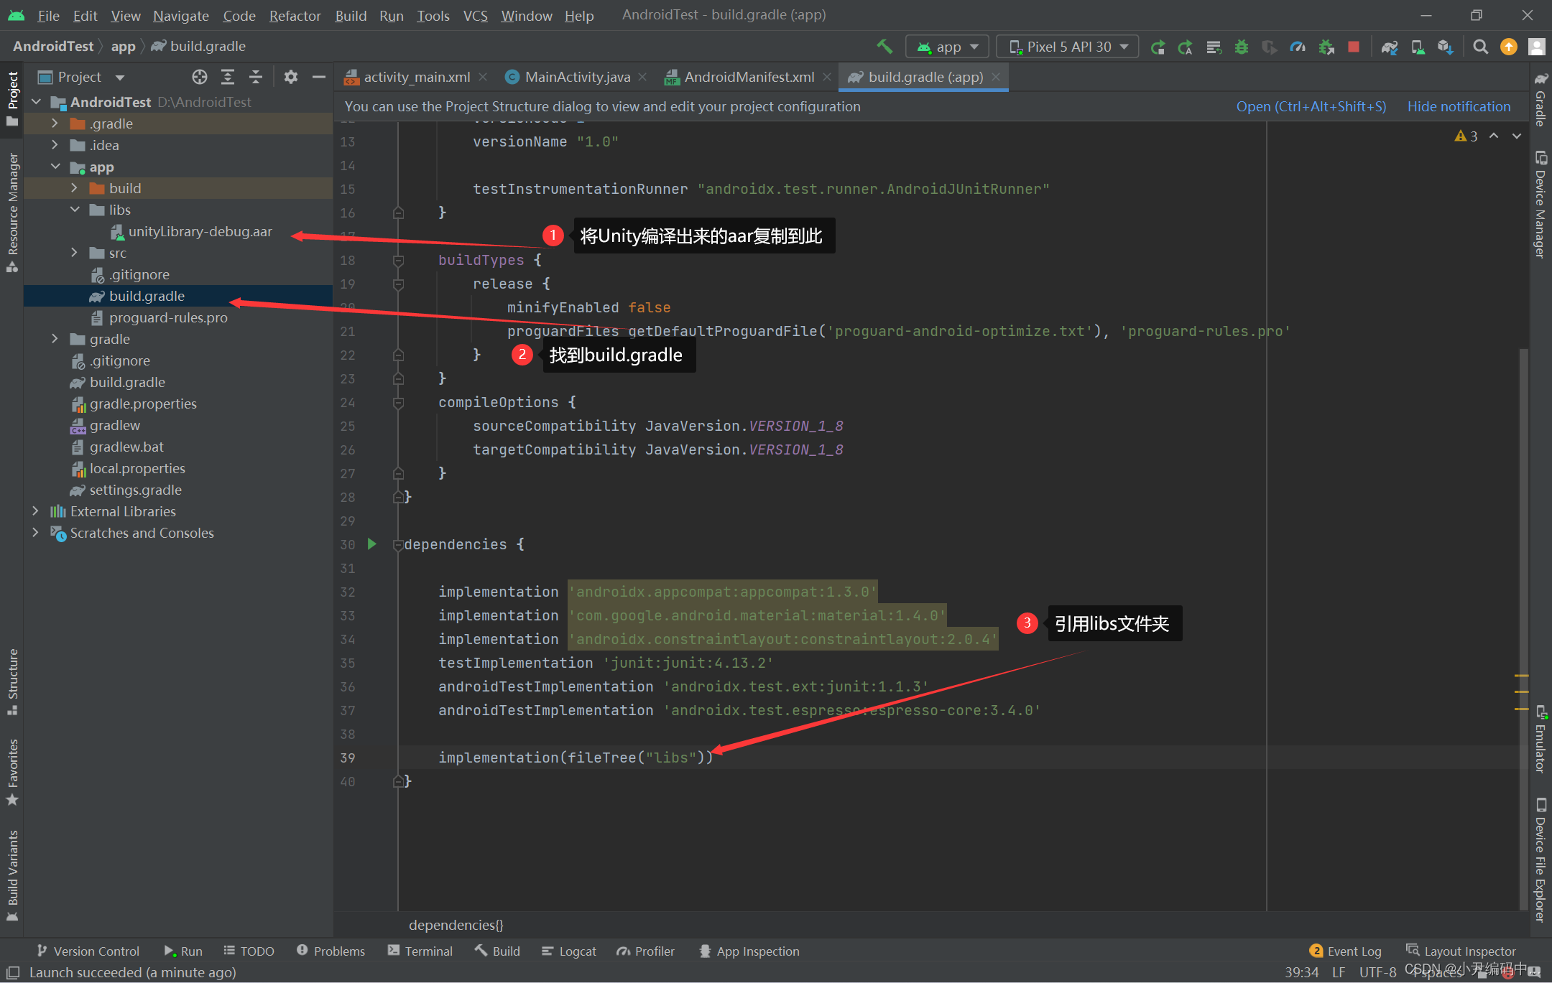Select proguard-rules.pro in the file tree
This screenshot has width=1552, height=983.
[167, 317]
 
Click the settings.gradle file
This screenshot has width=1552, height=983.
[135, 490]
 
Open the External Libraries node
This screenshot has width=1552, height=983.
[123, 511]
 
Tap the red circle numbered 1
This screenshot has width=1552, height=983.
[553, 235]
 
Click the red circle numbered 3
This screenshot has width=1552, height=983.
[1027, 623]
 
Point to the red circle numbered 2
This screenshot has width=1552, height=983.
[522, 354]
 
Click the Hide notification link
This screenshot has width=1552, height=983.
[1459, 106]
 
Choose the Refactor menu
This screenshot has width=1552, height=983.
[295, 15]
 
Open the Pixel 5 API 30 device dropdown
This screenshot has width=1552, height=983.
[1068, 47]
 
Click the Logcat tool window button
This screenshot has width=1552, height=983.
[569, 951]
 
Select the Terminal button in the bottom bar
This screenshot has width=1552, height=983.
[420, 951]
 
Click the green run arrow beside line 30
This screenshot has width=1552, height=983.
[372, 544]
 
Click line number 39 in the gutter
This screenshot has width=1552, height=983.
[348, 758]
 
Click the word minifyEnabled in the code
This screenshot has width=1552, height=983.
[563, 307]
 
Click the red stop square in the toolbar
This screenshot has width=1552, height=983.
[1354, 47]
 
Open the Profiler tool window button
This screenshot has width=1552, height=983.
[646, 951]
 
